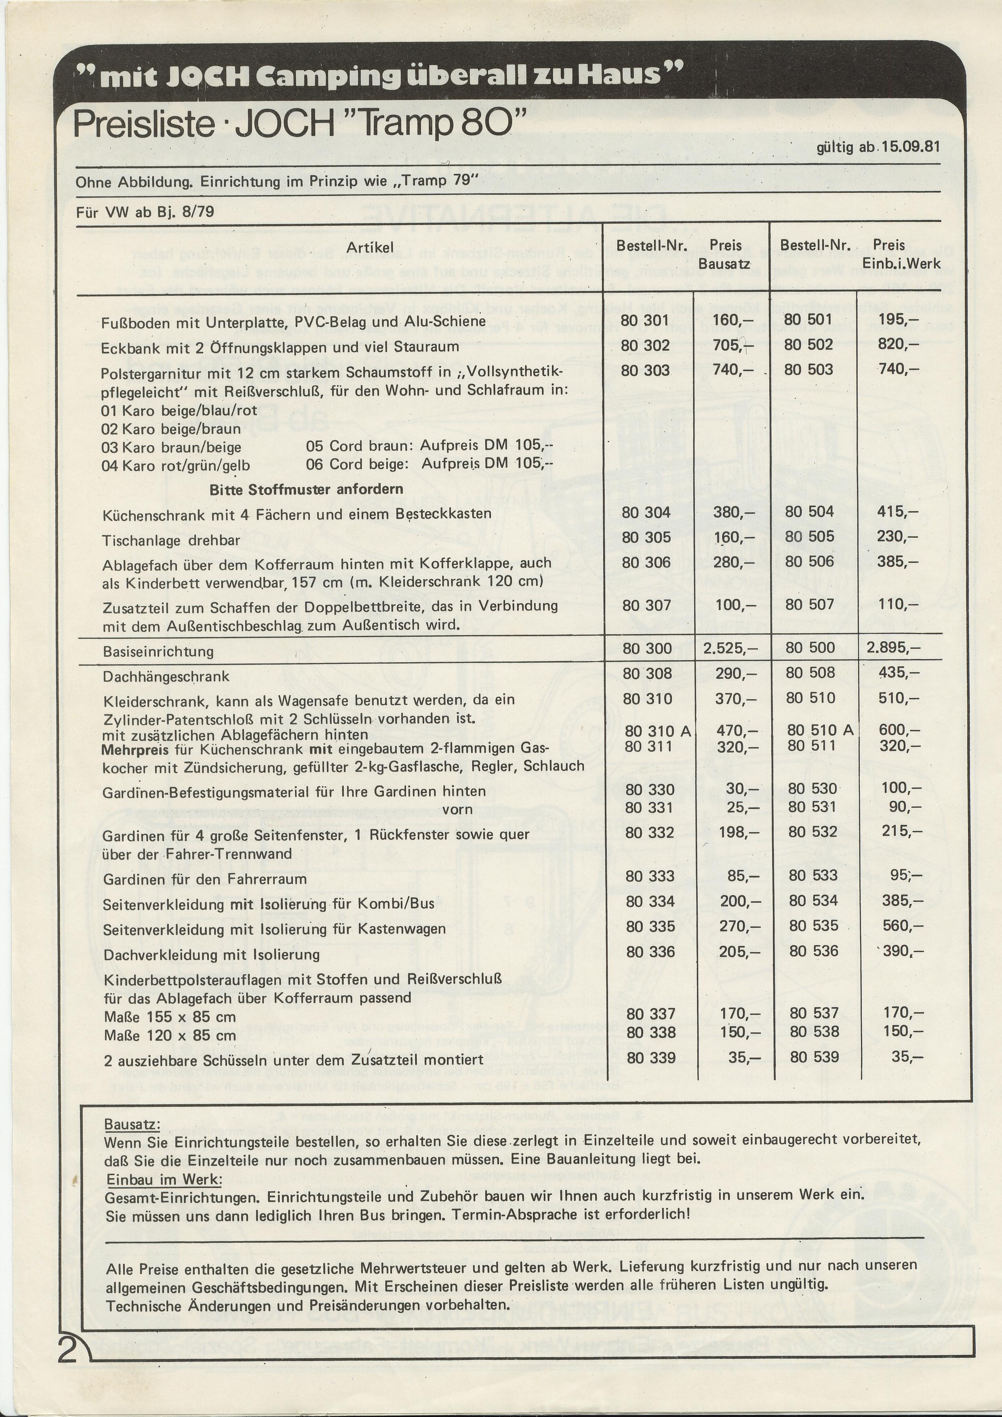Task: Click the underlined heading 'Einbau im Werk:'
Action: coord(164,1179)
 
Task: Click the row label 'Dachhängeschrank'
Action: coord(166,676)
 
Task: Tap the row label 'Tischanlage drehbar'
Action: coord(171,541)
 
